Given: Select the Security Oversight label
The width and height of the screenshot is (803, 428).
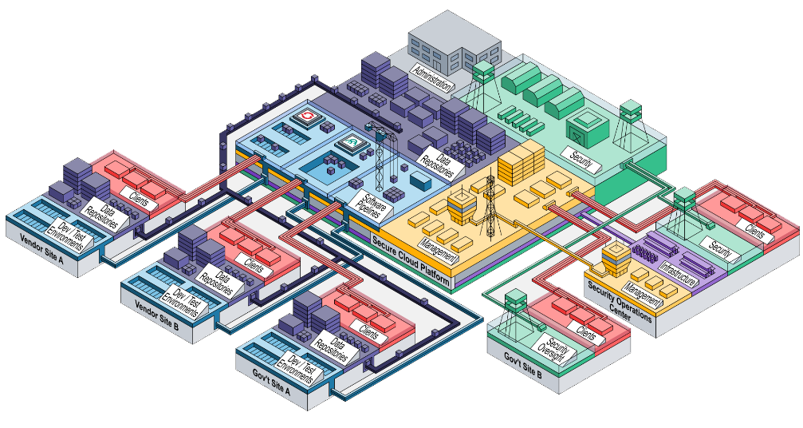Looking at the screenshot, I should coord(553,348).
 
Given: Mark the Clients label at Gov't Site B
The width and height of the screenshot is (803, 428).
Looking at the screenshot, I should coord(585,334).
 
